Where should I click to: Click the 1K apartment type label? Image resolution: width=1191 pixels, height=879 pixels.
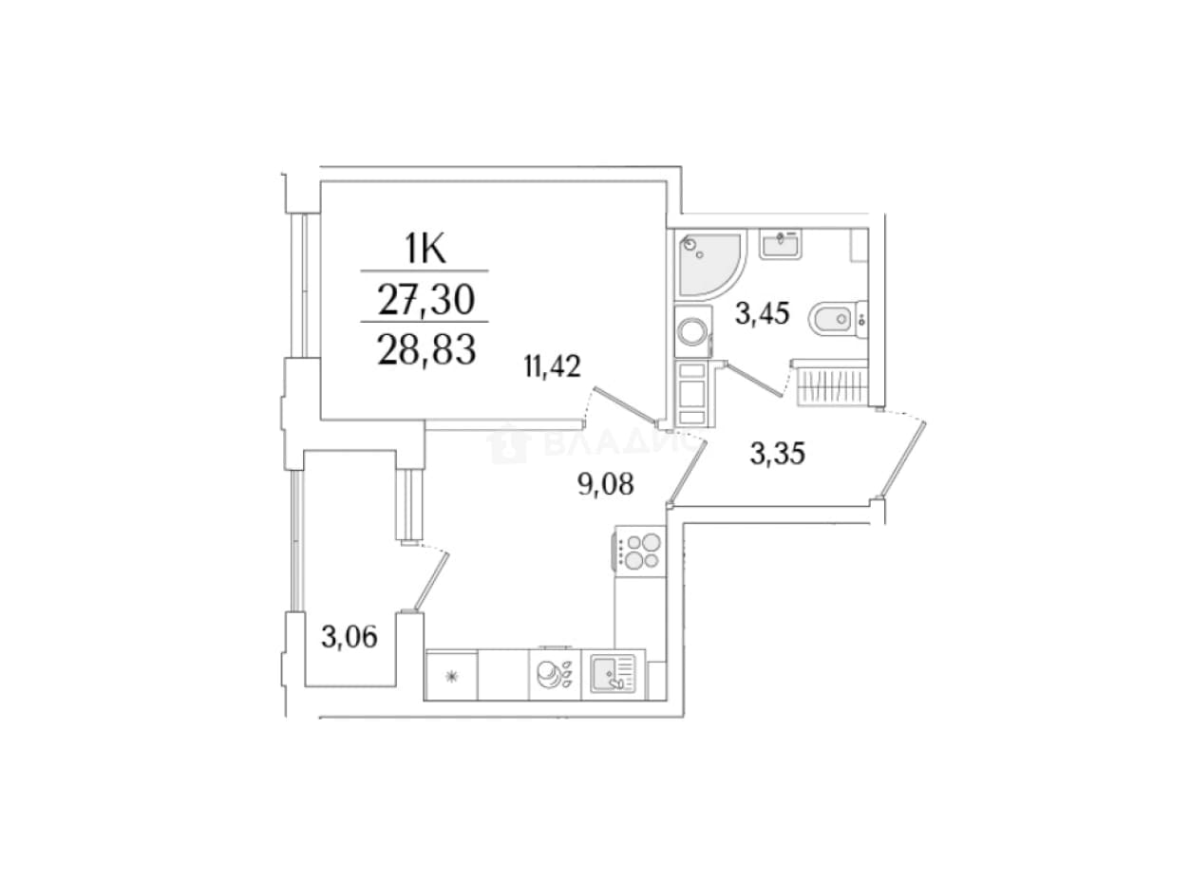425,249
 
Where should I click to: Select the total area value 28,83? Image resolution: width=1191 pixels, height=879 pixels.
426,349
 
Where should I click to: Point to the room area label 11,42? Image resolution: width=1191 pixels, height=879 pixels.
552,367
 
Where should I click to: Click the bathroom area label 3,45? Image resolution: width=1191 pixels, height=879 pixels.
762,313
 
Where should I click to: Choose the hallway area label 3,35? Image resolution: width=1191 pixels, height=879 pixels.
777,454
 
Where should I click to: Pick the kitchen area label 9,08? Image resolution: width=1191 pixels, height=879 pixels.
606,484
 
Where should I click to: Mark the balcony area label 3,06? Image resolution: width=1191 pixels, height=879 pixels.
349,638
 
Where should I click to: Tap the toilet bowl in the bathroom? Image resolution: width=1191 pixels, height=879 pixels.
837,320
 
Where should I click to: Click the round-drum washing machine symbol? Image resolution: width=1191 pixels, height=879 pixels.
692,331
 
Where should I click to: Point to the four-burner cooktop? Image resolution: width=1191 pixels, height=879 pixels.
640,552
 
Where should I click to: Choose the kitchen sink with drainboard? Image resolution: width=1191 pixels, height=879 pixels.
613,673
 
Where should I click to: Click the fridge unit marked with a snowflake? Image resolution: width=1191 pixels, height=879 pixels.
451,676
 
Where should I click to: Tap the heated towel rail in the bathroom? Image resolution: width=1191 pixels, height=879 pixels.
832,385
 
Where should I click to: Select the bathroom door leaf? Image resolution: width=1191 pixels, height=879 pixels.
753,380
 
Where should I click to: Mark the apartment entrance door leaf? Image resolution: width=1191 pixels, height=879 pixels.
902,458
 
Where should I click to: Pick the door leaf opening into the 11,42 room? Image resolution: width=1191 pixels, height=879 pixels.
623,404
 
